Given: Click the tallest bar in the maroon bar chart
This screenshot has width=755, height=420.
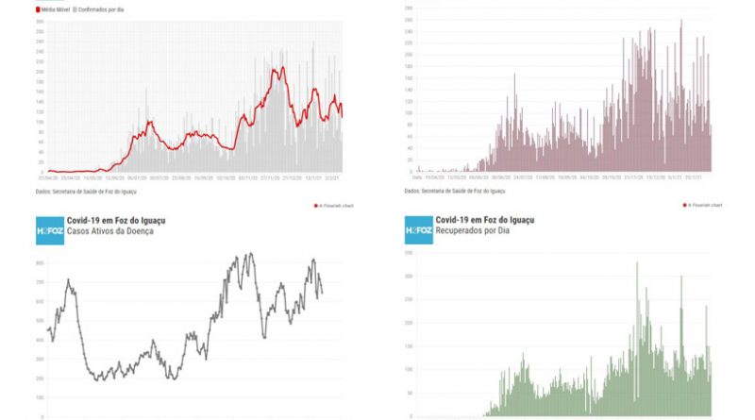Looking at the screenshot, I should coord(680,21).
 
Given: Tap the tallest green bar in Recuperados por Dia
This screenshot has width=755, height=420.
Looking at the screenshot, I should coord(637,263).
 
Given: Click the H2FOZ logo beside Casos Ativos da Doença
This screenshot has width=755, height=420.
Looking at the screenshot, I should coord(49,229).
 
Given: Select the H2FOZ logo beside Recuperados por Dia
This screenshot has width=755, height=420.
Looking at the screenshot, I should coord(418,229).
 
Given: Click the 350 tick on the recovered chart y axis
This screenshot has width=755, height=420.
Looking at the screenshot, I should coord(408,277).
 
